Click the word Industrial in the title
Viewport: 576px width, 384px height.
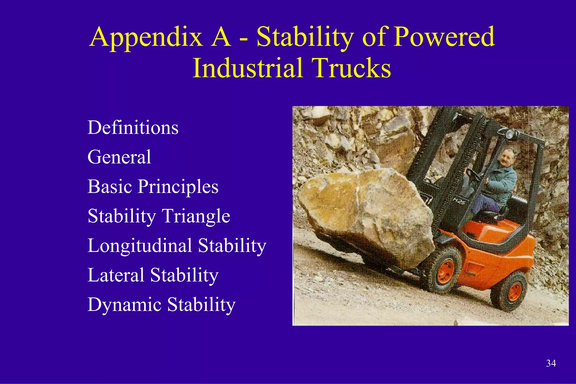coord(248,68)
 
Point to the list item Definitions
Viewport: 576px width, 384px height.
coord(133,127)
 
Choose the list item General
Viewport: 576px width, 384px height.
coord(119,157)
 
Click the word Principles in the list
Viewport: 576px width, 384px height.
coord(178,187)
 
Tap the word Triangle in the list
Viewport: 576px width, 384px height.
coord(196,216)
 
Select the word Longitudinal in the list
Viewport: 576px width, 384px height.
coord(140,246)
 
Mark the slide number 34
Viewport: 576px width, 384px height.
coord(551,363)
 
